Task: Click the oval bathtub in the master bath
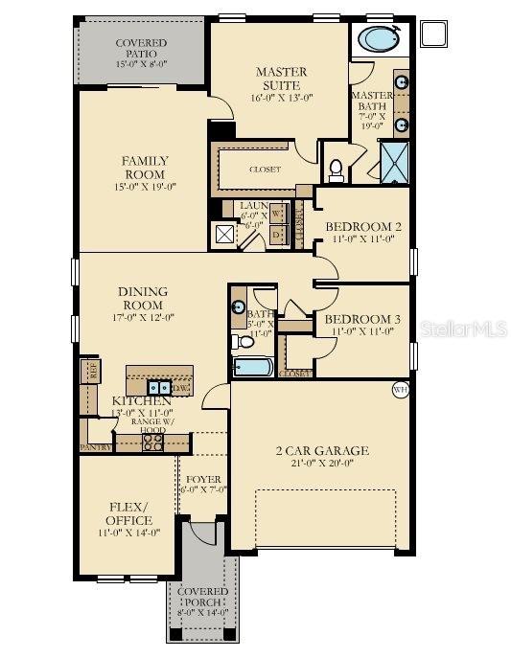[x=381, y=40]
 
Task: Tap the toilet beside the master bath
[x=337, y=170]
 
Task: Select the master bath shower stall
[x=395, y=161]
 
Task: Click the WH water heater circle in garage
[x=401, y=389]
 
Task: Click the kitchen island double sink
[x=158, y=388]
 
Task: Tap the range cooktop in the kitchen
[x=152, y=442]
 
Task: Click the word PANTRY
[x=95, y=447]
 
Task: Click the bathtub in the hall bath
[x=252, y=368]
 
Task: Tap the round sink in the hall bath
[x=239, y=306]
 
